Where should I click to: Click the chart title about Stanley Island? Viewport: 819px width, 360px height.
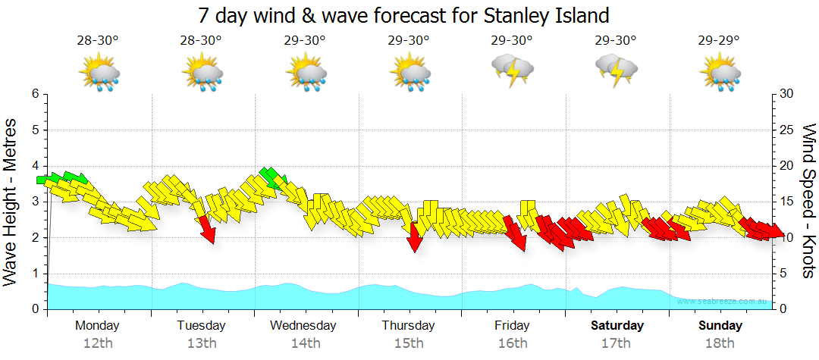[403, 15]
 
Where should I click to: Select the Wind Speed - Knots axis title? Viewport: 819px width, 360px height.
[808, 201]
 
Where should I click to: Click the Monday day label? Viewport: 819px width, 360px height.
[97, 326]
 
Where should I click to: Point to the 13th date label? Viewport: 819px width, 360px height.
[201, 343]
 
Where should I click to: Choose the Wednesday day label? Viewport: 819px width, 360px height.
[303, 326]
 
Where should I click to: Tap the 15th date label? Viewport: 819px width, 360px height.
[409, 343]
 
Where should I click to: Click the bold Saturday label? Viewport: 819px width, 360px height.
[617, 326]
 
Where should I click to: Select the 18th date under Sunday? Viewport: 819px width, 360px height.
[720, 343]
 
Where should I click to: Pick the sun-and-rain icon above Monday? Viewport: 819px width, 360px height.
[99, 74]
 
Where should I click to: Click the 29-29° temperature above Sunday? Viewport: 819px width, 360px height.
[719, 40]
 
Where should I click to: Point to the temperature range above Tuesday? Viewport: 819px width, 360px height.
[201, 40]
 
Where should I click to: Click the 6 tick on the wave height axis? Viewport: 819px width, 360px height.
[34, 94]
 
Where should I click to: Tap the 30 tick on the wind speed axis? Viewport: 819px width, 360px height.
[786, 94]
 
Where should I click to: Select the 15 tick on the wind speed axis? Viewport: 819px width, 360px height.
[786, 202]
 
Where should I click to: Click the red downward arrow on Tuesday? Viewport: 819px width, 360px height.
[206, 229]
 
